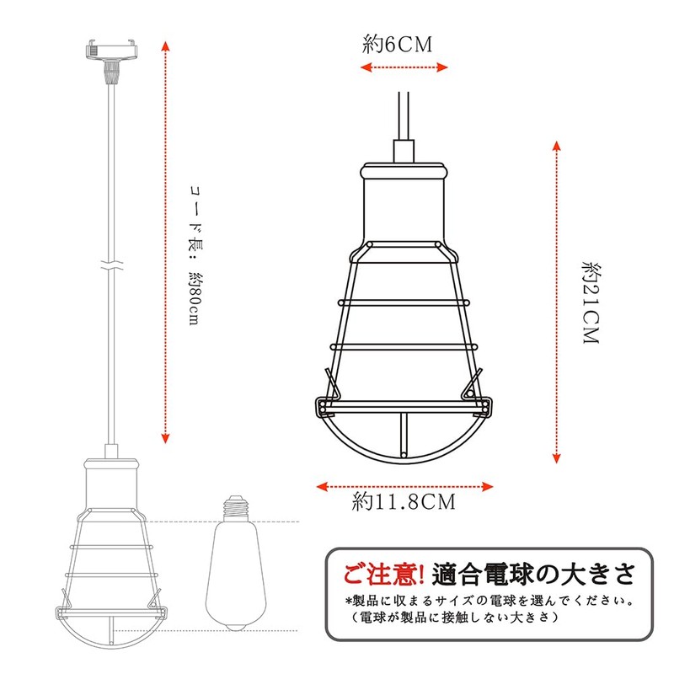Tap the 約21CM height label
click(589, 304)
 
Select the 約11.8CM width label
click(404, 503)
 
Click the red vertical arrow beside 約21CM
click(556, 303)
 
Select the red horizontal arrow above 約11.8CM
click(404, 485)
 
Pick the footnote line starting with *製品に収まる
click(489, 602)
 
